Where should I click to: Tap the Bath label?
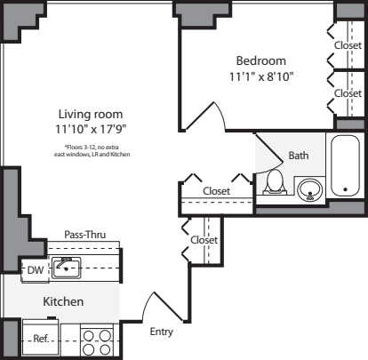coord(299,156)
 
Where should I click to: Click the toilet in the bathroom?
coord(276,182)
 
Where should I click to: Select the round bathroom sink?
coord(309,188)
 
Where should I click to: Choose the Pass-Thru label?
coord(85,235)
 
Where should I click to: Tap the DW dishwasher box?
coord(34,268)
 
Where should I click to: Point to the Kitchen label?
coord(64,302)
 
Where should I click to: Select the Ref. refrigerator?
coord(41,339)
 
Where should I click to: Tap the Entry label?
coord(162,332)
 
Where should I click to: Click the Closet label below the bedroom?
coord(217,191)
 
